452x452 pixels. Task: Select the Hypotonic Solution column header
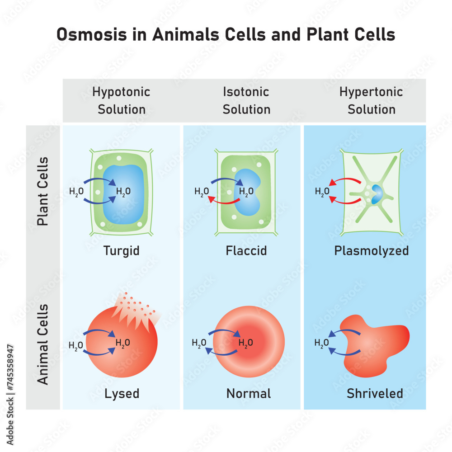[x=122, y=101]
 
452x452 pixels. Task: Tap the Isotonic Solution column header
[x=246, y=101]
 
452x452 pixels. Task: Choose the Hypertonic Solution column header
[x=371, y=101]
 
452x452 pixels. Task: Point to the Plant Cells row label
[x=43, y=192]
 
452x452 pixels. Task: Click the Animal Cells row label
[x=43, y=344]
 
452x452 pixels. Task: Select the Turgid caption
[x=121, y=250]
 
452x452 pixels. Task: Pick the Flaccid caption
[x=246, y=250]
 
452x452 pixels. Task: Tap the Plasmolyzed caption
[x=371, y=250]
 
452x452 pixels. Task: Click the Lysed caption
[x=122, y=394]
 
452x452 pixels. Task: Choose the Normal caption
[x=249, y=394]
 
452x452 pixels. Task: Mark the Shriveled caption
[x=375, y=394]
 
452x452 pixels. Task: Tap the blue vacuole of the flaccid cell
[x=248, y=190]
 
